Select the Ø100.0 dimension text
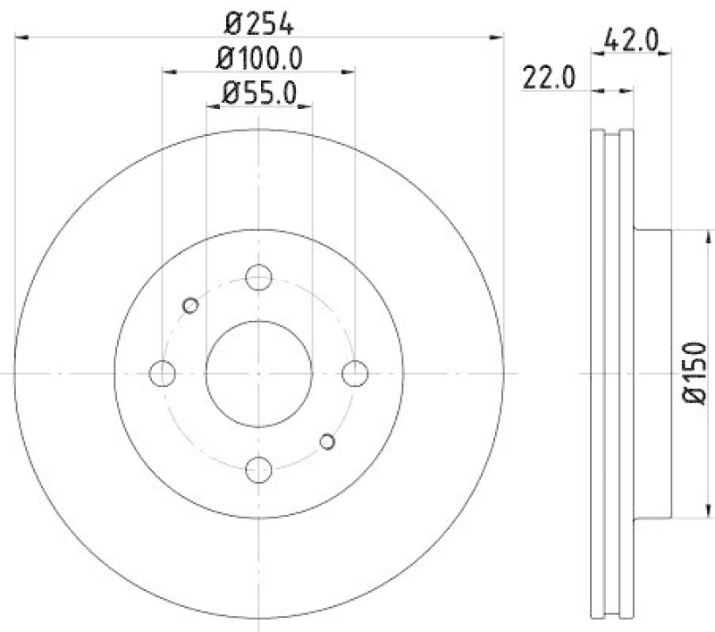[259, 58]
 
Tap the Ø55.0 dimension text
[259, 92]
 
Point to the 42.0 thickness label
[631, 40]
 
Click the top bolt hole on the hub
[258, 277]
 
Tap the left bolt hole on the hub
[163, 374]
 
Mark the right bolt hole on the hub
[355, 374]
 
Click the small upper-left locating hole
[189, 306]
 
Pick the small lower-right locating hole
[327, 441]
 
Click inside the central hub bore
[258, 374]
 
